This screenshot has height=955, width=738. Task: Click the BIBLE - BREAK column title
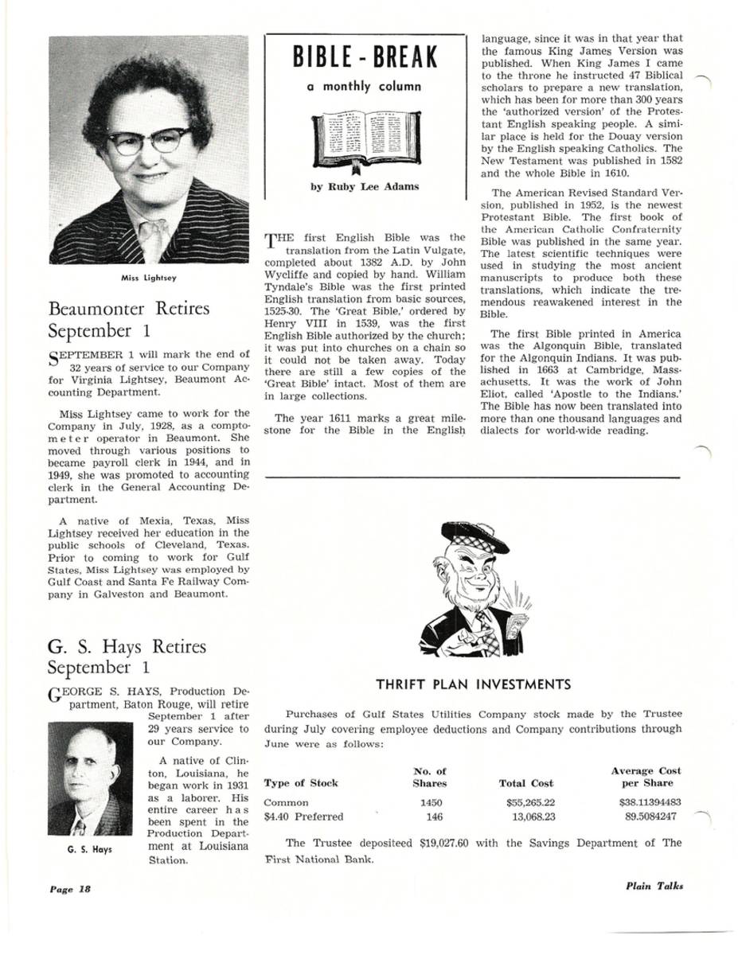(365, 57)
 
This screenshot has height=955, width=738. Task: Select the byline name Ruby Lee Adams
(365, 187)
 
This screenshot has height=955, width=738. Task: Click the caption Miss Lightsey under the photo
(149, 278)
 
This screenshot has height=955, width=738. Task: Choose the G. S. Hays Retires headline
(127, 647)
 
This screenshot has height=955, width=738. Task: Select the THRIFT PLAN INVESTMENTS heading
(473, 684)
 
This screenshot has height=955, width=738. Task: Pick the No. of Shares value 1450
(430, 803)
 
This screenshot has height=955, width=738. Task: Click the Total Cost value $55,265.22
(530, 803)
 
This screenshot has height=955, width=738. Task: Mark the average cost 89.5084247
(651, 817)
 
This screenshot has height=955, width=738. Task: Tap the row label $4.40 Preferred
(303, 817)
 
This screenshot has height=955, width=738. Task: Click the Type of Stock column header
(300, 783)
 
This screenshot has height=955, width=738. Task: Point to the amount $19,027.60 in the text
(443, 843)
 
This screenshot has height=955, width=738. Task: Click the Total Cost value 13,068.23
(533, 817)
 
